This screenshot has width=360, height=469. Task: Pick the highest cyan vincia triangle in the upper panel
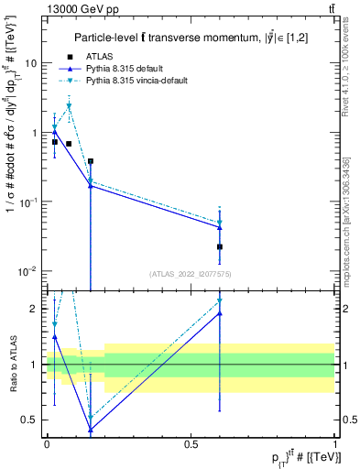69,106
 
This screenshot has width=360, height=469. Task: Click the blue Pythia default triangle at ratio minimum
91,429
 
